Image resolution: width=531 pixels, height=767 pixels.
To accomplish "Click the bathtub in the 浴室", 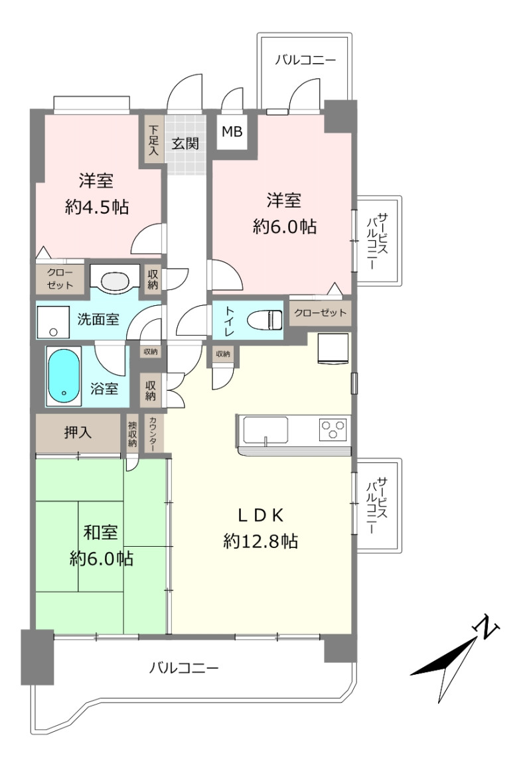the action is (64, 376).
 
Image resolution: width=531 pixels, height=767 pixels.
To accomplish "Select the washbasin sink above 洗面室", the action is (115, 281).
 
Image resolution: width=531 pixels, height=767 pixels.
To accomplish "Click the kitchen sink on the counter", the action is (265, 430).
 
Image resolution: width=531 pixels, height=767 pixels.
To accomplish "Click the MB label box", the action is (232, 131).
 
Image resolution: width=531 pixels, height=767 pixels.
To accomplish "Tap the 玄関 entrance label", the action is (185, 143).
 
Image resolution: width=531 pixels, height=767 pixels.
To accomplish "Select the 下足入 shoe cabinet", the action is (154, 139).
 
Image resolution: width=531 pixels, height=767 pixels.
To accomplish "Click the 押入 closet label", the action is (77, 433).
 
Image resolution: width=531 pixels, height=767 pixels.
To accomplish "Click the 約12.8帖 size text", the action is (260, 541).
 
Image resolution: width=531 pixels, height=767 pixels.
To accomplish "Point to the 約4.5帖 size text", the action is (97, 208).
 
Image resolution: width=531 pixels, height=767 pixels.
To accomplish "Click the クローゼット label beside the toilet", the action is (321, 313).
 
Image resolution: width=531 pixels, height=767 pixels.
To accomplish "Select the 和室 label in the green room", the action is (100, 532).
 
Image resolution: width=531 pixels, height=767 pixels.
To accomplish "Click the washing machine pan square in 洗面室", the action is (54, 322).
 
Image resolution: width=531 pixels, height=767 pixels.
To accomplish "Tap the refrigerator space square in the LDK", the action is (333, 348).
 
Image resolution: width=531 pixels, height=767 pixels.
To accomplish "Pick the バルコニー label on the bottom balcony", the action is (184, 667).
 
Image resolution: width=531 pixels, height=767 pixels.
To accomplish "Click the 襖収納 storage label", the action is (132, 433).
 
